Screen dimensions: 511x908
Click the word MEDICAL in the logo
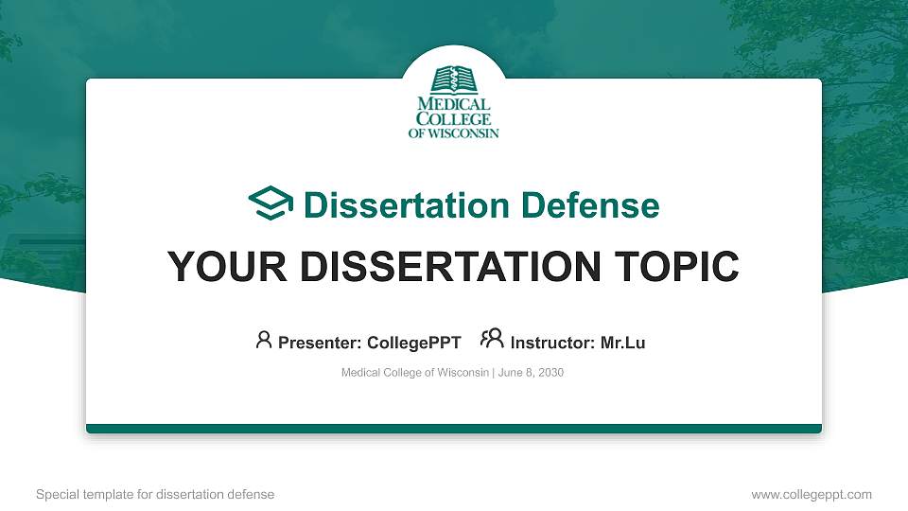[454, 105]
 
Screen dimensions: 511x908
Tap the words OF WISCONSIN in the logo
[454, 133]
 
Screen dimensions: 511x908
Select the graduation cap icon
[271, 204]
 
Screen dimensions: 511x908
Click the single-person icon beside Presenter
[264, 340]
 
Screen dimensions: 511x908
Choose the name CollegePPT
[413, 343]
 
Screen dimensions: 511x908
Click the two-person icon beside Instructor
[492, 340]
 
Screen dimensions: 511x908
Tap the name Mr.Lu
[623, 343]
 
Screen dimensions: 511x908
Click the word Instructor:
[553, 343]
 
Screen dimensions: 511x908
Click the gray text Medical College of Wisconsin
[414, 373]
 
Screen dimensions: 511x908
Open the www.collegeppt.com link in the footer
[812, 494]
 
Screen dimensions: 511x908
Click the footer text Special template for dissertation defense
[155, 494]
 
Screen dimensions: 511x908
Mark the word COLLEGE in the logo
[454, 119]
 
